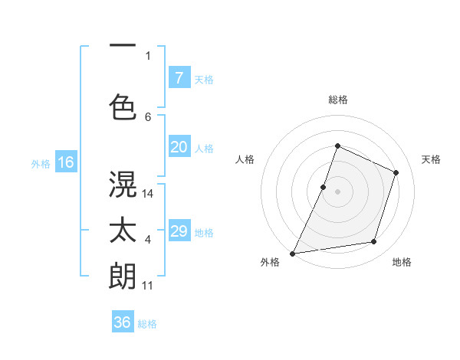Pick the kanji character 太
click(x=123, y=231)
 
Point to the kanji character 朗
click(x=123, y=275)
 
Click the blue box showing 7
click(x=179, y=77)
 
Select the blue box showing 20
click(x=179, y=147)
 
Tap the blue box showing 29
click(x=179, y=231)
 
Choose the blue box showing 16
click(x=65, y=162)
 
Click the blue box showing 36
click(x=123, y=322)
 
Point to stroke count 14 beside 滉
click(x=149, y=194)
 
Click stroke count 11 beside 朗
click(x=148, y=286)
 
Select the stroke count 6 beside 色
click(x=148, y=116)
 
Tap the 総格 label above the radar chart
click(x=338, y=100)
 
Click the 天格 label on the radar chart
click(x=431, y=159)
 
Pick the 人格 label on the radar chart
click(x=245, y=159)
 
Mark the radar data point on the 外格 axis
click(x=293, y=253)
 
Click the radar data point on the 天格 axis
click(x=396, y=172)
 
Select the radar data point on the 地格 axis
click(x=374, y=242)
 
